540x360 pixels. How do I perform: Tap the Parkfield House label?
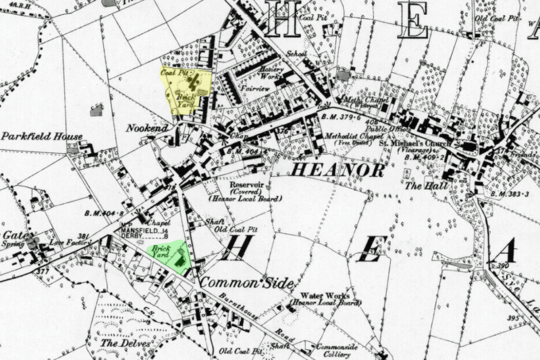(x=41, y=136)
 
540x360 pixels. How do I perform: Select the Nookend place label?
(x=146, y=128)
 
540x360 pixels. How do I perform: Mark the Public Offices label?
(x=384, y=129)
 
